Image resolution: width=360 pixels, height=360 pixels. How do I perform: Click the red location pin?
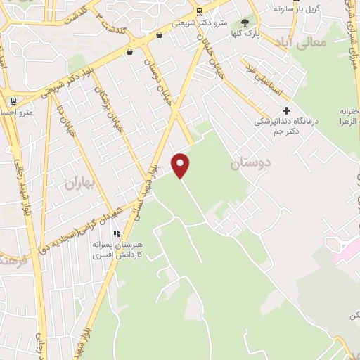(x=181, y=165)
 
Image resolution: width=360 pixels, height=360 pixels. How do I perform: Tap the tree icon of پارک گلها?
(x=245, y=23)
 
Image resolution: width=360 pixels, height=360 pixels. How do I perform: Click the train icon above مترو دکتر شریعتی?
(x=200, y=11)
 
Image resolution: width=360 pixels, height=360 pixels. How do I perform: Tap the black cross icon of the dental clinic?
(x=285, y=110)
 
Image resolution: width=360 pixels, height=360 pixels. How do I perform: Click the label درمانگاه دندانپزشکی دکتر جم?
(x=287, y=126)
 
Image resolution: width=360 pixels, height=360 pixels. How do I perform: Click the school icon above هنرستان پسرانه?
(x=118, y=233)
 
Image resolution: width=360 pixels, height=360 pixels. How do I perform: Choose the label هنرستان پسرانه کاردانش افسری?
(x=118, y=250)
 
